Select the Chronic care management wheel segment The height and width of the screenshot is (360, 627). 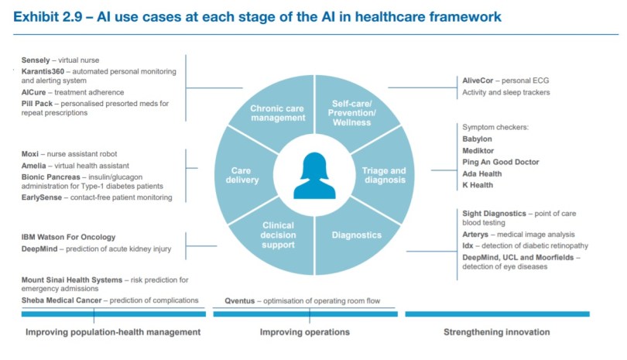point(277,113)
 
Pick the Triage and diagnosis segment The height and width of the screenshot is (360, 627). point(384,175)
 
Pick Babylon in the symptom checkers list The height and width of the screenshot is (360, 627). point(478,139)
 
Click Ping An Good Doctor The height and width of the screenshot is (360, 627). point(501,162)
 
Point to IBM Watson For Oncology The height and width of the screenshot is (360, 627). point(68,237)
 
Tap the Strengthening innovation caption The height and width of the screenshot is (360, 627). point(496,332)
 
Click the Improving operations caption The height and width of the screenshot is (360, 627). point(304,332)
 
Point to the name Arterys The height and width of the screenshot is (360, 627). point(480,234)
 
